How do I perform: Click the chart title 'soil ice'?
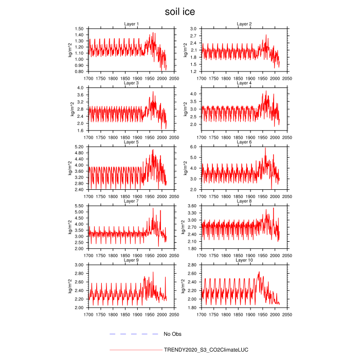point(179,11)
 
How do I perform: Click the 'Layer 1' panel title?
point(131,24)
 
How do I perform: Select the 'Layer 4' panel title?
point(244,83)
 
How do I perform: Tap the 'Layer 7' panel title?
point(131,201)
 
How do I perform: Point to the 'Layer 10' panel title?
point(244,260)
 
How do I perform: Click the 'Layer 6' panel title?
point(244,142)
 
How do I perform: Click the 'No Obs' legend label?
point(173,334)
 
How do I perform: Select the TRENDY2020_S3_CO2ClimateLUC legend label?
point(206,350)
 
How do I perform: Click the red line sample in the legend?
point(135,350)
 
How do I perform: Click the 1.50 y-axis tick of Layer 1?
point(79,28)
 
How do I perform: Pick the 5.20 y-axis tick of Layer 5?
point(79,147)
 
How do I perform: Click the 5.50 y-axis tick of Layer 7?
point(79,206)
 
